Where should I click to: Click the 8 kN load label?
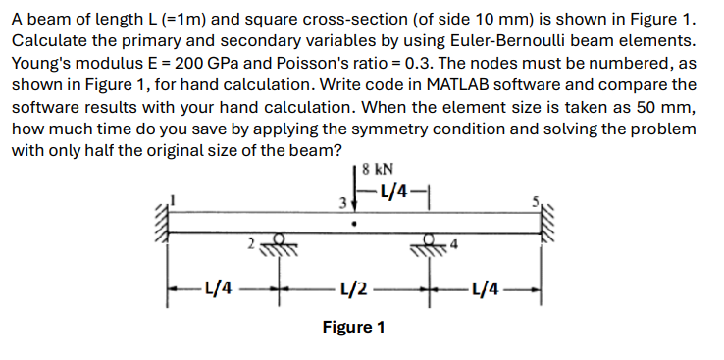pos(378,168)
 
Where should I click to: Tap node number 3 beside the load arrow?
pos(342,205)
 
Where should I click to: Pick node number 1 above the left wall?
pos(175,200)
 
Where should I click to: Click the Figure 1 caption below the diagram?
pos(354,326)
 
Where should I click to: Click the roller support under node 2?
pos(278,243)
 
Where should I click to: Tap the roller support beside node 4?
pos(432,243)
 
